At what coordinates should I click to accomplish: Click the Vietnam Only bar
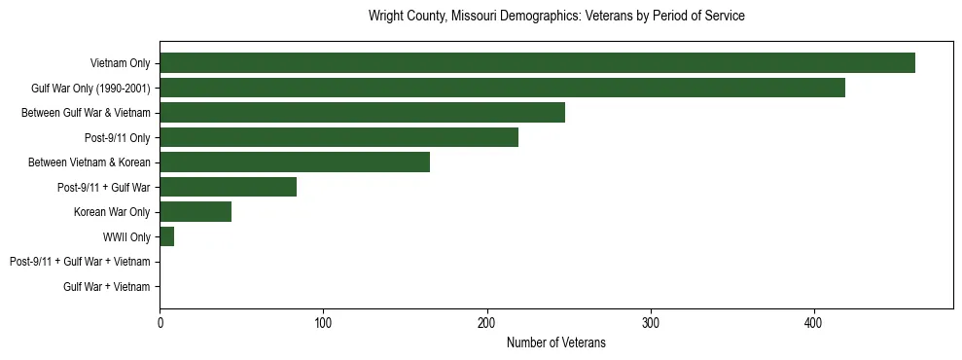(537, 63)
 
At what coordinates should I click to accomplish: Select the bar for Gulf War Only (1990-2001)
(502, 88)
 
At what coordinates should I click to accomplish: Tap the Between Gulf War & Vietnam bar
(362, 113)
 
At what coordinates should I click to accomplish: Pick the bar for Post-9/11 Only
(338, 137)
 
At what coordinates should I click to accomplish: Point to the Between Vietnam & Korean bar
(295, 162)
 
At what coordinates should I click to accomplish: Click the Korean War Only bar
(196, 212)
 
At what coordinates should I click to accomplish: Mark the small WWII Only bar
(166, 236)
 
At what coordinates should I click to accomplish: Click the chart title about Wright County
(556, 17)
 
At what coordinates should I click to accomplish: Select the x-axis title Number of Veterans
(556, 342)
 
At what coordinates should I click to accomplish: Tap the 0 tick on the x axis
(160, 323)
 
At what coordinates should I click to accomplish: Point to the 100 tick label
(323, 323)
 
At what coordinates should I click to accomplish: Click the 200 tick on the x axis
(486, 323)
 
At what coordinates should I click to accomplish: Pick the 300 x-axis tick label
(651, 323)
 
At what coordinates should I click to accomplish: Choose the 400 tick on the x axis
(814, 323)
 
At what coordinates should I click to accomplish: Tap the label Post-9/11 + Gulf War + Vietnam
(80, 262)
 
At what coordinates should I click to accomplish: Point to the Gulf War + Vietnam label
(107, 286)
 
